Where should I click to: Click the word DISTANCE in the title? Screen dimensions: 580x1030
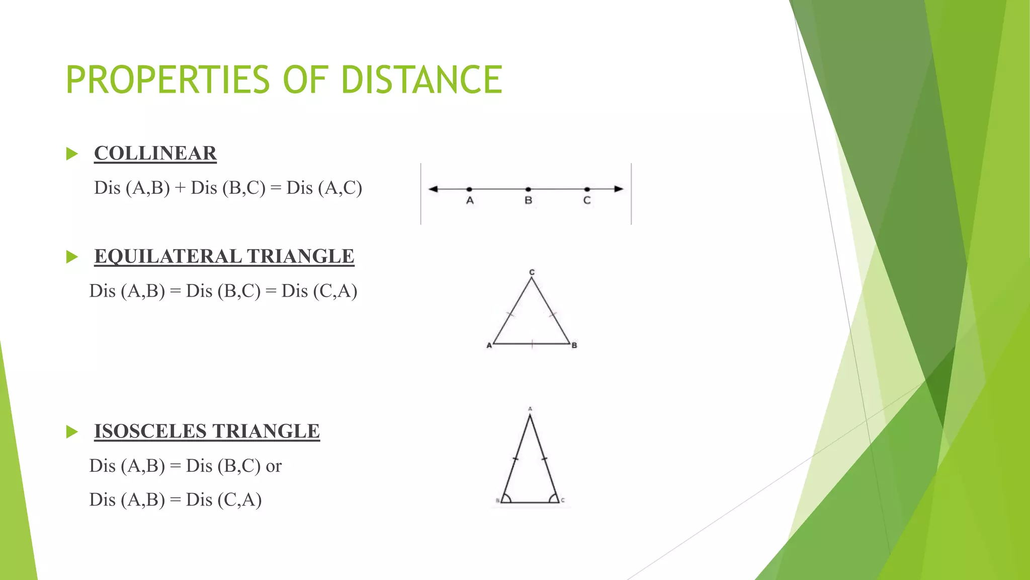pyautogui.click(x=421, y=80)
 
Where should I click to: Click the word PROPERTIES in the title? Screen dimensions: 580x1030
pyautogui.click(x=168, y=80)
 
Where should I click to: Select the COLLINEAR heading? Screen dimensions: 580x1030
pyautogui.click(x=155, y=153)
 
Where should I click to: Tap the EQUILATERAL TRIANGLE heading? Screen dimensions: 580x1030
pyautogui.click(x=224, y=256)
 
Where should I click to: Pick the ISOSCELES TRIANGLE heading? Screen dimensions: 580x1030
pyautogui.click(x=207, y=431)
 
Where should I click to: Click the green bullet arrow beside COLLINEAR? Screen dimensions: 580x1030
pyautogui.click(x=72, y=154)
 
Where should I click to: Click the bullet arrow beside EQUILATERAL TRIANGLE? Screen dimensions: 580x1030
pyautogui.click(x=72, y=257)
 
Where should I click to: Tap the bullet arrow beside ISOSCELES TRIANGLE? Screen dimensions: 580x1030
pyautogui.click(x=72, y=431)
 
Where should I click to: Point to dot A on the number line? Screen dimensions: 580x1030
pyautogui.click(x=469, y=189)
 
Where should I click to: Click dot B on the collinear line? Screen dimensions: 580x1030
pyautogui.click(x=528, y=189)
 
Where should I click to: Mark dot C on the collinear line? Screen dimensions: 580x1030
pyautogui.click(x=587, y=189)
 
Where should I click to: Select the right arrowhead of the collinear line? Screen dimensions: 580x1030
pyautogui.click(x=619, y=189)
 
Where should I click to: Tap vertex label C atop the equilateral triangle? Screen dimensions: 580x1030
pyautogui.click(x=532, y=272)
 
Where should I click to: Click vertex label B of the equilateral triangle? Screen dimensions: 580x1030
pyautogui.click(x=574, y=345)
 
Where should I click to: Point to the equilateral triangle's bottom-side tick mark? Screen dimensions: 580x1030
pyautogui.click(x=532, y=344)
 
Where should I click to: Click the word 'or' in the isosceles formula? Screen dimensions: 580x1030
pyautogui.click(x=274, y=466)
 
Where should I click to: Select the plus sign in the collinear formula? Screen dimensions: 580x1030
pyautogui.click(x=180, y=188)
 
